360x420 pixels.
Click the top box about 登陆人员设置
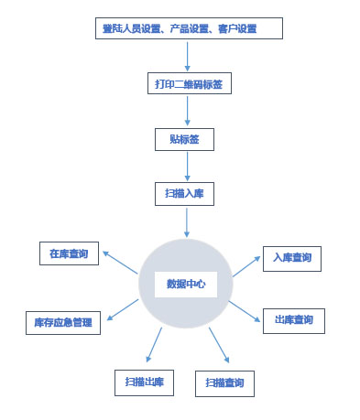[x=188, y=28]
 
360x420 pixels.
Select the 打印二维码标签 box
[x=188, y=84]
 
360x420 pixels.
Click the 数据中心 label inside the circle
[x=185, y=283]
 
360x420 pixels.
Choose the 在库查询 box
[x=69, y=254]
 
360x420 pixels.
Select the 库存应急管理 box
[x=62, y=322]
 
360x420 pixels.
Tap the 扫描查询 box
[x=224, y=382]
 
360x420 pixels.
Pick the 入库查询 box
[x=291, y=258]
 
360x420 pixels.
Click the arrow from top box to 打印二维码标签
[x=188, y=56]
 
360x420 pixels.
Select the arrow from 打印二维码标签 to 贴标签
[x=188, y=111]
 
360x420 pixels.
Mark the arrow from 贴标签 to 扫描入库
[x=187, y=166]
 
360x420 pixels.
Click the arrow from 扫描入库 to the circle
[x=187, y=221]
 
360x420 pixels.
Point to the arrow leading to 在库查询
[x=121, y=262]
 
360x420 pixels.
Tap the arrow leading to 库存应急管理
[x=124, y=310]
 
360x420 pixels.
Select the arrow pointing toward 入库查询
[x=245, y=266]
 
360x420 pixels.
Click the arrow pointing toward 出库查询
[x=246, y=309]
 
